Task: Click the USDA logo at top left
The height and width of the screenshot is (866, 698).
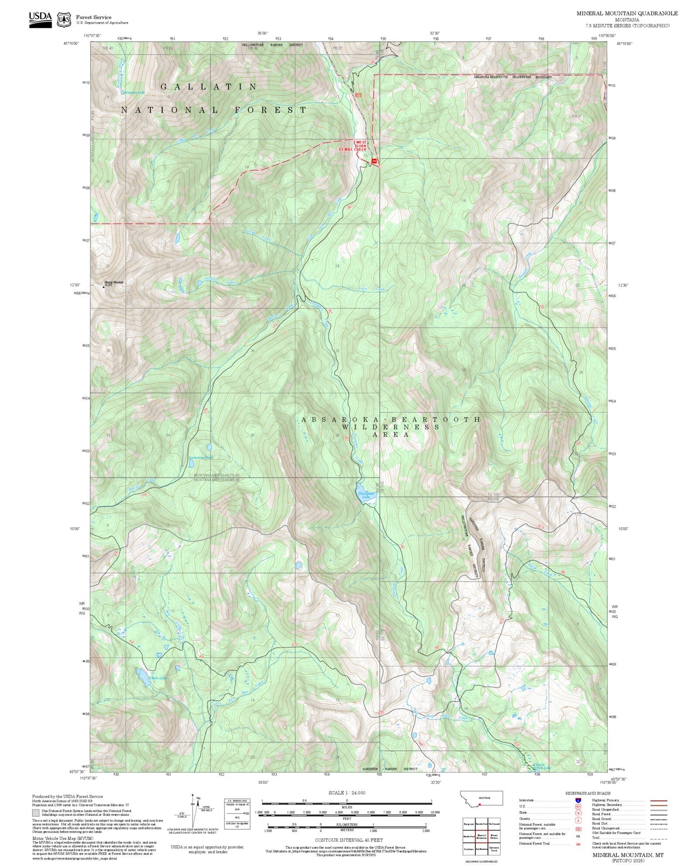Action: [40, 17]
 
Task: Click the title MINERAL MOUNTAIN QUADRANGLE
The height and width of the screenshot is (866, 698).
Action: [627, 14]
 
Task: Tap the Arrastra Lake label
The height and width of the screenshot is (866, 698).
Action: [134, 93]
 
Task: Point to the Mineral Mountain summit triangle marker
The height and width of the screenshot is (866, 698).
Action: [102, 287]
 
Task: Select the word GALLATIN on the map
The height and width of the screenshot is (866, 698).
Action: [209, 87]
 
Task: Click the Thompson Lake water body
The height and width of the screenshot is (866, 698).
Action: [364, 495]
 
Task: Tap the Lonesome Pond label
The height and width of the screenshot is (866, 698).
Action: [200, 457]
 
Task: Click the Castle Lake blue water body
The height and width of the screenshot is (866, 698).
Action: [143, 677]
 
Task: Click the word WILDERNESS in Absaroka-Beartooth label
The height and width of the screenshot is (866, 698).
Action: [391, 427]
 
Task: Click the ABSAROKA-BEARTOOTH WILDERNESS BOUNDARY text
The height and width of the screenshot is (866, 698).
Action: [513, 77]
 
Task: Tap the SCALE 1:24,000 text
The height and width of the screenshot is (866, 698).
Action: [346, 793]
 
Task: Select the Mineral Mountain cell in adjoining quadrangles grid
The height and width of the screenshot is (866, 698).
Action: [481, 836]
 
